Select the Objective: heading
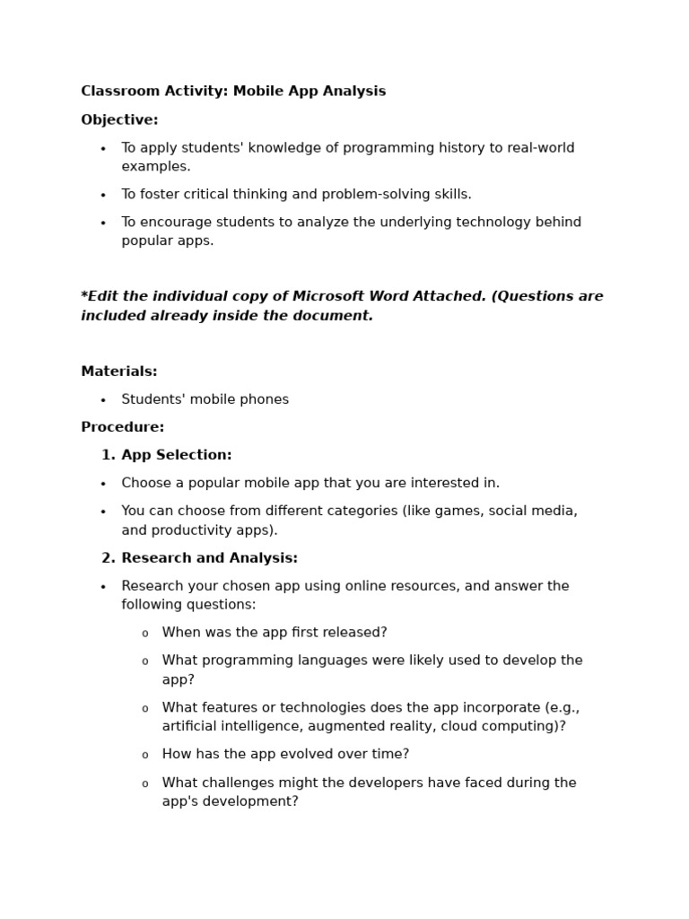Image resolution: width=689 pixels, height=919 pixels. [119, 120]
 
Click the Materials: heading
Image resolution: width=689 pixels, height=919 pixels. [118, 372]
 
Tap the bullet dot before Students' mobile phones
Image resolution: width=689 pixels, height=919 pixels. [103, 400]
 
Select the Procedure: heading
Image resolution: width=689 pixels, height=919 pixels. [122, 427]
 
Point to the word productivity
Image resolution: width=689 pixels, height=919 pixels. [192, 530]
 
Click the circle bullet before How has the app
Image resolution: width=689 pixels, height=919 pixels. [145, 756]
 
